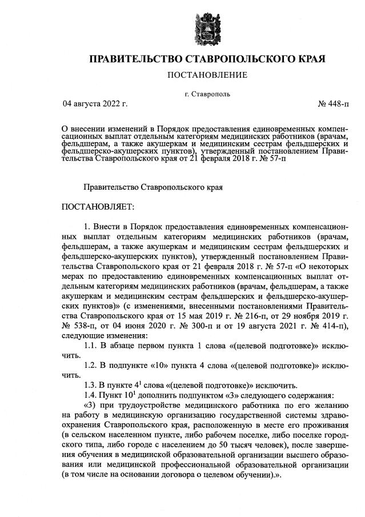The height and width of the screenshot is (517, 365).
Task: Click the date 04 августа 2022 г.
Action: click(95, 104)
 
